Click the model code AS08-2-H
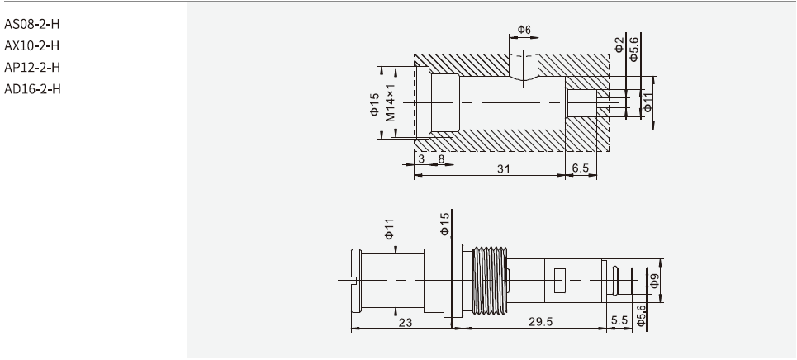(x=32, y=22)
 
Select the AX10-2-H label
(x=32, y=45)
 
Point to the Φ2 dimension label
(x=619, y=45)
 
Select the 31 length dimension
(x=503, y=168)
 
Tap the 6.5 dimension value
(x=581, y=168)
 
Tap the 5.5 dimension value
(x=619, y=320)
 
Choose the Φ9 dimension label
(x=654, y=281)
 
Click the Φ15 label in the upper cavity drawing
(x=373, y=103)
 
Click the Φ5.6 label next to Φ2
(x=634, y=48)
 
